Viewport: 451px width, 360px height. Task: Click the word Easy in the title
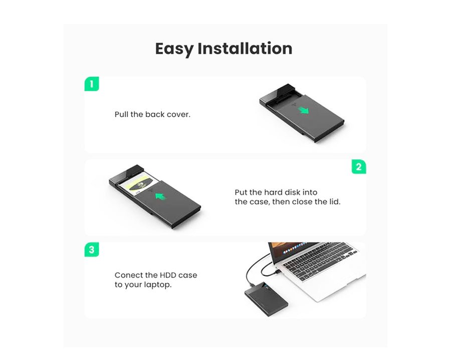point(174,49)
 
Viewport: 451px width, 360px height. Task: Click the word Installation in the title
point(245,48)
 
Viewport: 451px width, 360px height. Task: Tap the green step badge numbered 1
point(92,84)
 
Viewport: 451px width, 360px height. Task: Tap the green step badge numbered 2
point(359,167)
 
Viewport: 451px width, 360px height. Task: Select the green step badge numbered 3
point(92,249)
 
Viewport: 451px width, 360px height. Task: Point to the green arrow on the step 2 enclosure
point(161,196)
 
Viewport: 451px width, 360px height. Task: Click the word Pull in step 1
point(121,114)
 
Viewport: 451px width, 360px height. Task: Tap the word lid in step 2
point(335,202)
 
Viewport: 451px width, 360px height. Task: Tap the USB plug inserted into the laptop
point(277,271)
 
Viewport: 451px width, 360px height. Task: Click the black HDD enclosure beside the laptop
point(267,299)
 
